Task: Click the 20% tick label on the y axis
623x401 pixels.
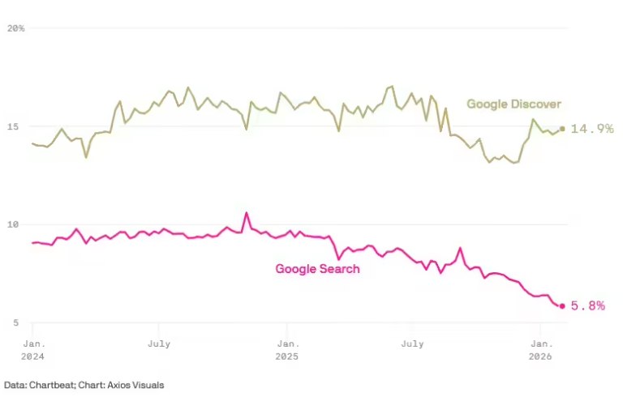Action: (x=15, y=28)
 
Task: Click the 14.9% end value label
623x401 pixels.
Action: (x=591, y=129)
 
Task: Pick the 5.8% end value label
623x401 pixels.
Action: (x=588, y=306)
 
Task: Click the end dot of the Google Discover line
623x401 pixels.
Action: (x=562, y=129)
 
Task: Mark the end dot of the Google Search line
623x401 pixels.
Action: (x=562, y=305)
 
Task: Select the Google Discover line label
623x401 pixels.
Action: (x=513, y=105)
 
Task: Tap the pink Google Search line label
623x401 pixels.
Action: (x=317, y=269)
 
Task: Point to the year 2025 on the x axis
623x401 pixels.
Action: (x=286, y=356)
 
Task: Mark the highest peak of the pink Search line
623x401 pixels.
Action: (x=247, y=213)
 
